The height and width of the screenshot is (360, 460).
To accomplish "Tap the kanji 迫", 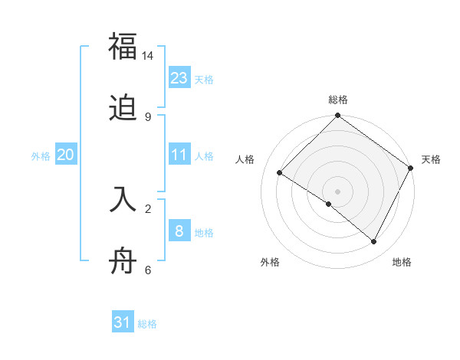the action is (123, 110).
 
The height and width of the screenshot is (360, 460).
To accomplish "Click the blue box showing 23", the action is (179, 78).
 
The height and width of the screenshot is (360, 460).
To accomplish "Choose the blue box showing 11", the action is (179, 155).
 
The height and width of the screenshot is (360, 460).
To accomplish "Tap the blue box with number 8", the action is (179, 231).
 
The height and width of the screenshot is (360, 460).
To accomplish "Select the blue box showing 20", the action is (66, 155).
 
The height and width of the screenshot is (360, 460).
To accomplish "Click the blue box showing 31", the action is (123, 322).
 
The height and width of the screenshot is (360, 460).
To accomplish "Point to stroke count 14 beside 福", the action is (148, 56).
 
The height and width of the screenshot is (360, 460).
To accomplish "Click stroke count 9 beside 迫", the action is (148, 116).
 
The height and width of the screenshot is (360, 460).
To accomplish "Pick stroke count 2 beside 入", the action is (148, 208).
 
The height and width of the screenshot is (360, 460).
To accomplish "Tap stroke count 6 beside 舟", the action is (148, 270).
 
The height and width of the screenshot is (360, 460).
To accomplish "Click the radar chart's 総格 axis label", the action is (338, 100).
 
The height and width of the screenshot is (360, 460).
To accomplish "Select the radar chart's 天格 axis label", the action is (431, 159).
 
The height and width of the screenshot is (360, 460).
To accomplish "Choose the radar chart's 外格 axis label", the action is (270, 262).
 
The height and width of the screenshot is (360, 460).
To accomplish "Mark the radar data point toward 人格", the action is (280, 173).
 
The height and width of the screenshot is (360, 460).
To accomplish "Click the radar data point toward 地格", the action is (374, 241).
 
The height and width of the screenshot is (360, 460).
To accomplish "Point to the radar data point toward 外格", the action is (329, 204).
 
